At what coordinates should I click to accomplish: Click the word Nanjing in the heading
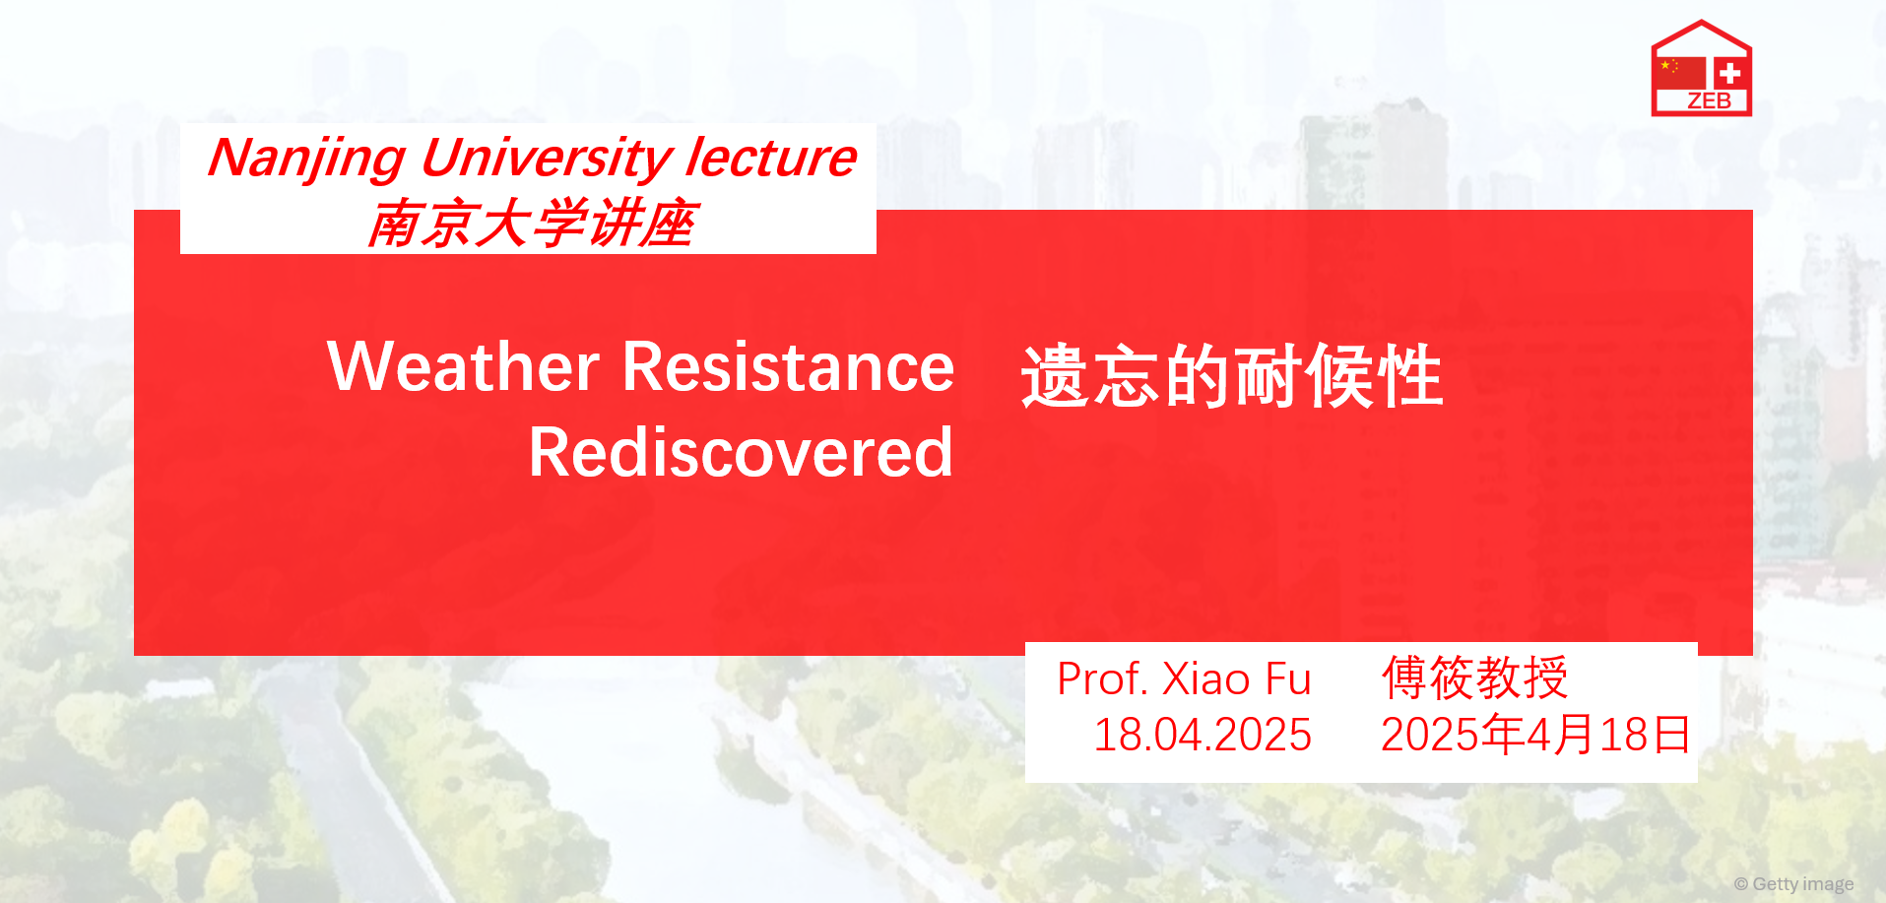[306, 159]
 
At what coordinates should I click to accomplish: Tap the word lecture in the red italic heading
[771, 158]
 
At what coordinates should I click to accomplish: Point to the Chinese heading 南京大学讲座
[532, 224]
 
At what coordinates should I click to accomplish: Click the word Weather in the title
[464, 366]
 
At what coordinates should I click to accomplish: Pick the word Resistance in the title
[788, 366]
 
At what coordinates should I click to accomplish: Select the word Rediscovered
[741, 452]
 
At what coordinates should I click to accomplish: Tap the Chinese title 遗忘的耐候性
[1232, 376]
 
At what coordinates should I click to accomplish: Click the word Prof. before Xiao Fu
[1102, 678]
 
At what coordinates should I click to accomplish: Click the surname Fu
[1288, 678]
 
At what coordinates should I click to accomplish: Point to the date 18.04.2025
[1203, 735]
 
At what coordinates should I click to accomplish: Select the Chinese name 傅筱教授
[1474, 677]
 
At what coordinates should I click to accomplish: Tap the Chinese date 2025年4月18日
[1535, 735]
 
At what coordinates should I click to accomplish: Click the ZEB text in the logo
[1709, 100]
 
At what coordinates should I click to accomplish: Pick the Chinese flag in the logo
[1681, 73]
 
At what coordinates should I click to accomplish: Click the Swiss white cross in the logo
[1730, 73]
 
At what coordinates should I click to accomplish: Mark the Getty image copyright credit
[1794, 884]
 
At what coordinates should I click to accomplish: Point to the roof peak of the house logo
[1701, 22]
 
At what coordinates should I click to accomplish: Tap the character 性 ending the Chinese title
[1410, 376]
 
